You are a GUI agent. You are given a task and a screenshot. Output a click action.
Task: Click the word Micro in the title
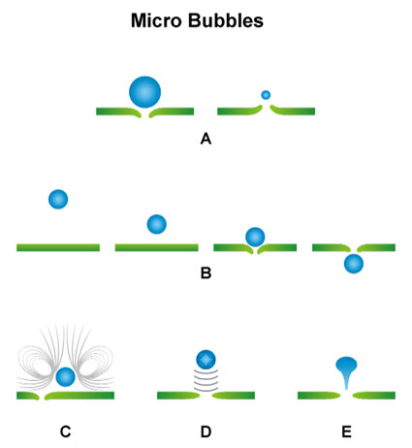point(157,20)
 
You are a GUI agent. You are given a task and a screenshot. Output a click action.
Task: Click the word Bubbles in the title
point(226,20)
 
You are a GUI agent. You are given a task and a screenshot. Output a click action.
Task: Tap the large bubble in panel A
point(144,92)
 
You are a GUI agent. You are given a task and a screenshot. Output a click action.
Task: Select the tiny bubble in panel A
point(266,95)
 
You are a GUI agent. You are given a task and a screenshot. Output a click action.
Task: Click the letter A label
point(206,140)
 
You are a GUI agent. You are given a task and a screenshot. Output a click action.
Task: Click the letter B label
point(206,273)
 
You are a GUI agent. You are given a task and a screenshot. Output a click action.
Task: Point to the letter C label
point(66,432)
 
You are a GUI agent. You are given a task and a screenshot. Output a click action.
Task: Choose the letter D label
point(206,432)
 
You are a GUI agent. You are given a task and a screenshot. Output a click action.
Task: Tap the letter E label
point(346,432)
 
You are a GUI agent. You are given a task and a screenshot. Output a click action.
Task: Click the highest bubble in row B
point(58,199)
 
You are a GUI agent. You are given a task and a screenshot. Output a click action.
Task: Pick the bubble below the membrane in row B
point(354,264)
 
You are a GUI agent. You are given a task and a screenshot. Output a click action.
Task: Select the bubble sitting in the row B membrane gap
point(255,237)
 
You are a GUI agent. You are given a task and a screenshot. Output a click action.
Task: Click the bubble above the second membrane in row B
point(157,224)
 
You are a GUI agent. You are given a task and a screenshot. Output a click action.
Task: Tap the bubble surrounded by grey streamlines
point(65,377)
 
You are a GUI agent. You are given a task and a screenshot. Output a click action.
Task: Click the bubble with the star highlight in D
point(206,360)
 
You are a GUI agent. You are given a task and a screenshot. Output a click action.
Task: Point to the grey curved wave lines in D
point(206,381)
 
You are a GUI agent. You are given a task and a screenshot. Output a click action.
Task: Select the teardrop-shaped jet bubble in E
point(346,371)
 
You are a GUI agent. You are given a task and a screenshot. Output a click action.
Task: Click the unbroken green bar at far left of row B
point(58,247)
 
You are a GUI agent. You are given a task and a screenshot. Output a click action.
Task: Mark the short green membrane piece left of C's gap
point(28,396)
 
